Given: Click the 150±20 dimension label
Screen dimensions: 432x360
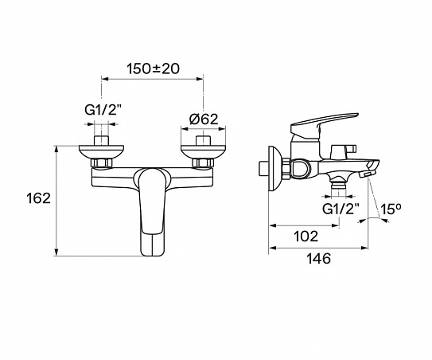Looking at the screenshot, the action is (x=154, y=68).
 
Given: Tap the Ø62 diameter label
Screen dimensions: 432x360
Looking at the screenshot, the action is (x=204, y=119).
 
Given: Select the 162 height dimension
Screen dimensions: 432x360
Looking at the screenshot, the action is (x=38, y=198).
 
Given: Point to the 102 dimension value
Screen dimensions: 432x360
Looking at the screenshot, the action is (x=306, y=236).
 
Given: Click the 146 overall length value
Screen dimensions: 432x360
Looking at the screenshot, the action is (x=319, y=259).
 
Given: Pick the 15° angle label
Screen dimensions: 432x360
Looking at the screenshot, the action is (x=391, y=209).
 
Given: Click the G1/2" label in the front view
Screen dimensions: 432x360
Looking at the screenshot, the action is (x=103, y=111).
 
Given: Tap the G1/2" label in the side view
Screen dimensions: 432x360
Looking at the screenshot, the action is (x=341, y=209).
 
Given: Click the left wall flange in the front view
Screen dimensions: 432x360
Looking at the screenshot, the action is (x=101, y=152).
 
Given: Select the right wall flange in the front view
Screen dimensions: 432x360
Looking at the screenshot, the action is (x=203, y=152).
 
